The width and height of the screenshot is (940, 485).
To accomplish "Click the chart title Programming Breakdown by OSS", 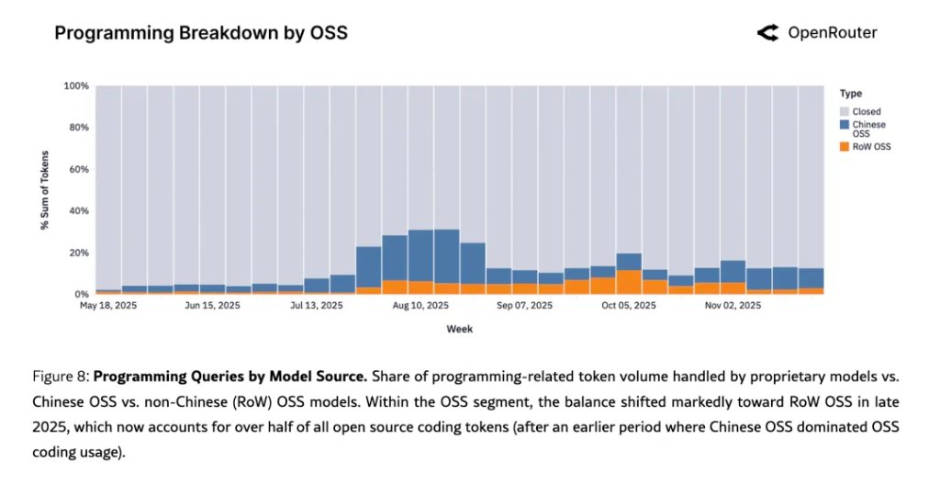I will (200, 33).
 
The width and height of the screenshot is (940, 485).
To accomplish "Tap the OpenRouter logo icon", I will (767, 33).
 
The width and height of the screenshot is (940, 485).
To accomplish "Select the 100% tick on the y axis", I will (75, 86).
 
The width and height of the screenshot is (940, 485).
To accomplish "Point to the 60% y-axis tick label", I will (78, 170).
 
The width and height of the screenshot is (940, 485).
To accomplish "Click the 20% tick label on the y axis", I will (78, 253).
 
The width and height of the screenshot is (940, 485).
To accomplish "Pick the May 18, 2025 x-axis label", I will (108, 305).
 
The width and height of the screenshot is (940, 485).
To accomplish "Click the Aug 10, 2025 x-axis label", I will (420, 305).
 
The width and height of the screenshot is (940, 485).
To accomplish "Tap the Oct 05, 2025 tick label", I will (629, 305).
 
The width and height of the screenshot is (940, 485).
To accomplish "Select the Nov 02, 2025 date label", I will (732, 305).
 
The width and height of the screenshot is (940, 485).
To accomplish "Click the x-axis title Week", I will (459, 328).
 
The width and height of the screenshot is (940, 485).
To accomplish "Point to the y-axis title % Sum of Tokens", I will (45, 190).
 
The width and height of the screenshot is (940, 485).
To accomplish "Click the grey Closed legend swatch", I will (845, 111).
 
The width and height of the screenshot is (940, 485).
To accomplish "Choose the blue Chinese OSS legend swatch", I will (845, 124).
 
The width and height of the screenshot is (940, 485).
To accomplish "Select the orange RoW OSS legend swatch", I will (845, 146).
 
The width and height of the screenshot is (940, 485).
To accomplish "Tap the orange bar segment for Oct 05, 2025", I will (629, 282).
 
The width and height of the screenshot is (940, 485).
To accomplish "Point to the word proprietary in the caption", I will (697, 376).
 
